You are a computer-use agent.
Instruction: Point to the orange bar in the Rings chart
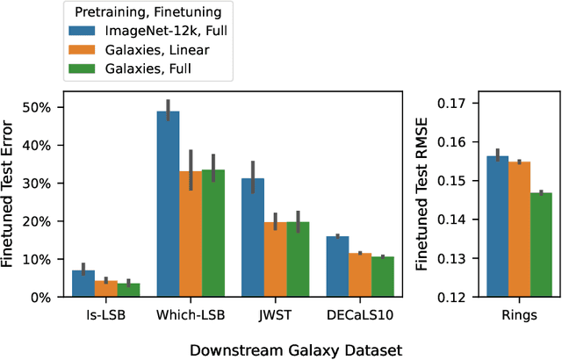tap(520, 229)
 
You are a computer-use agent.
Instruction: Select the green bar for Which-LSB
tap(213, 234)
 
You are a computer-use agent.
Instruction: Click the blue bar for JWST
tap(253, 238)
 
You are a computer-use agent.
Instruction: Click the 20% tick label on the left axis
tap(37, 221)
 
